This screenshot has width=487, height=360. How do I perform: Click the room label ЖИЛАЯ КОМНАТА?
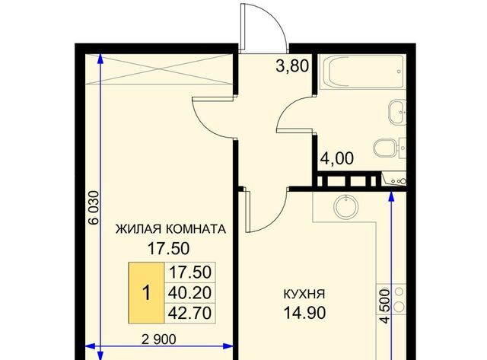(x=170, y=229)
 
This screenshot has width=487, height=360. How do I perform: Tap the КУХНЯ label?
(x=304, y=294)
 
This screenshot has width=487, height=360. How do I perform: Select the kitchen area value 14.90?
(x=304, y=313)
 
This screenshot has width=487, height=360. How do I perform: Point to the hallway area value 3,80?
(x=292, y=66)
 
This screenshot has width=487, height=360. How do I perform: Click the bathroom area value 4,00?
(x=337, y=158)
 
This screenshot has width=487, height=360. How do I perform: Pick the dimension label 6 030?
(x=94, y=208)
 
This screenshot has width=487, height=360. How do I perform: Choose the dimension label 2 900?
(x=159, y=339)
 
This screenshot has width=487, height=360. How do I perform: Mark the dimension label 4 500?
(x=384, y=306)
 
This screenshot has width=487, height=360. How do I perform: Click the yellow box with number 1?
(x=146, y=293)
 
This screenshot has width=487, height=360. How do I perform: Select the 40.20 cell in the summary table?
(x=189, y=292)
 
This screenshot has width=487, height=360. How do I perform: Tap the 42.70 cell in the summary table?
(x=189, y=313)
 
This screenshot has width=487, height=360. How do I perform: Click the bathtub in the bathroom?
(x=362, y=72)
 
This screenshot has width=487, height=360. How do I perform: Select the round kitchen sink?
(x=346, y=206)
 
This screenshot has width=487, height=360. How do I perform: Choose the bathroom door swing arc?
(x=286, y=107)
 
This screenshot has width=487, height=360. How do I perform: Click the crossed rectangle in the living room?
(x=159, y=69)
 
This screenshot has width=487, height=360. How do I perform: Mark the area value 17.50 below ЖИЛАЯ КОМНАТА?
(x=168, y=248)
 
